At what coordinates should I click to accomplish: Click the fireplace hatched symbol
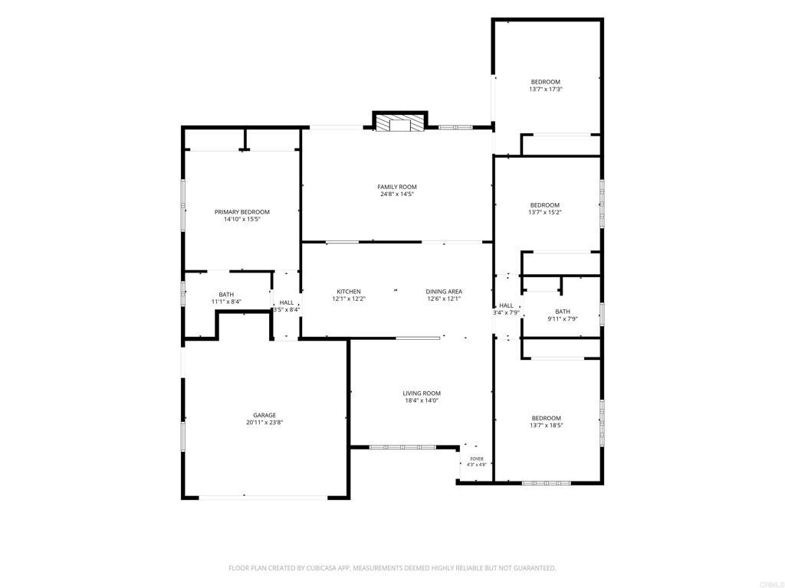point(400,124)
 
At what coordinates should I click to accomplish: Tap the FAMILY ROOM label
point(397,187)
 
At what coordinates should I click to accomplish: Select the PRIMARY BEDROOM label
point(241,212)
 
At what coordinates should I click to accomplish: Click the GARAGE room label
point(264,415)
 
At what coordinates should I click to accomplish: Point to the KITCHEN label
point(349,292)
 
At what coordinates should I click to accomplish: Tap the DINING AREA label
point(444,292)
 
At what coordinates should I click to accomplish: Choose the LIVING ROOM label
point(422,394)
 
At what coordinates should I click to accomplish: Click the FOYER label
point(477,459)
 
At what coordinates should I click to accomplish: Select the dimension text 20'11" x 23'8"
point(264,422)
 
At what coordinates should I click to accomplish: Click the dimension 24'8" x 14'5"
point(397,194)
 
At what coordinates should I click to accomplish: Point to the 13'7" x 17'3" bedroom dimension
point(546,89)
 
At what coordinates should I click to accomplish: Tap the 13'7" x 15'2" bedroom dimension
point(545,212)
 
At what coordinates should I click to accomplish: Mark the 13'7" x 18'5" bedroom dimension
point(546,426)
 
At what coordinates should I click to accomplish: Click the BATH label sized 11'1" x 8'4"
point(226,295)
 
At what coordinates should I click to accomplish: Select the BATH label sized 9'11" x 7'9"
point(563,312)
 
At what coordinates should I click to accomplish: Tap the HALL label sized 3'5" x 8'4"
point(287,302)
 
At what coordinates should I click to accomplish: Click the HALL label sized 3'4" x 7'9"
point(506,305)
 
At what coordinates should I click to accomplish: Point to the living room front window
point(402,447)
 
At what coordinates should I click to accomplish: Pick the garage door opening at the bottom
point(264,498)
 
